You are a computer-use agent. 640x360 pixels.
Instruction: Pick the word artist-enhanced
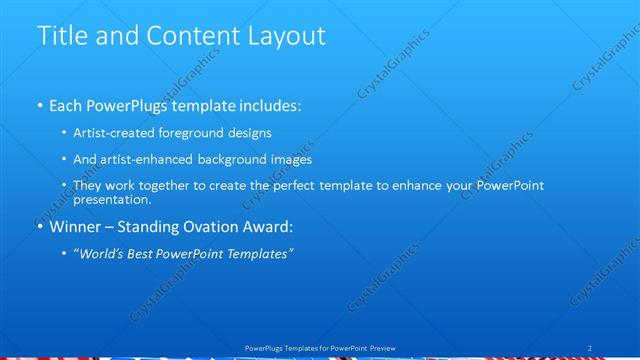tap(148, 159)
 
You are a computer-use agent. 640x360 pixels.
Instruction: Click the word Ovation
tap(214, 226)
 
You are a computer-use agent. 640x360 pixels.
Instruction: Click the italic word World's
tap(102, 253)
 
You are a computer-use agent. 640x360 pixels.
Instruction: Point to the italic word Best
tap(146, 253)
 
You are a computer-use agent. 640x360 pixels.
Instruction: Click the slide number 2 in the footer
tap(590, 348)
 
